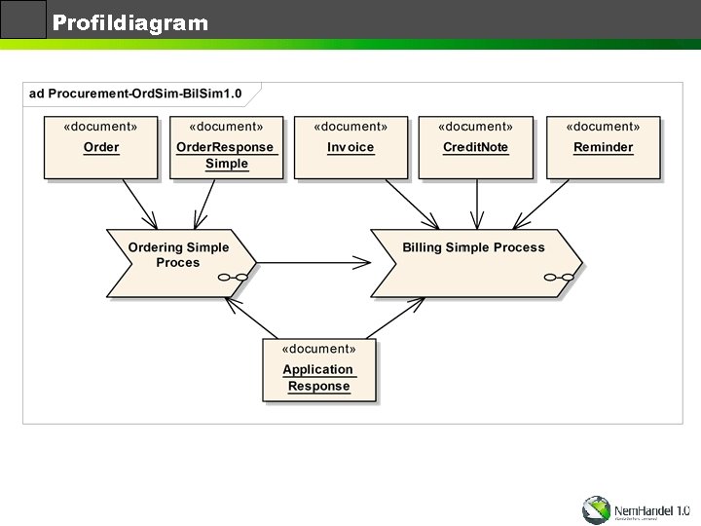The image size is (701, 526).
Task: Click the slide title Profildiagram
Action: click(130, 22)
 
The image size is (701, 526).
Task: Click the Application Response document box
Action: click(318, 369)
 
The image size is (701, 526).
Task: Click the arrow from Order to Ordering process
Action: click(138, 204)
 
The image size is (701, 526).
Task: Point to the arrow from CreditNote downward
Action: click(476, 204)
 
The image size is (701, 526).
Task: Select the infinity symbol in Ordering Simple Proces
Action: click(234, 278)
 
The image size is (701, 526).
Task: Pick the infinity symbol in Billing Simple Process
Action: click(559, 278)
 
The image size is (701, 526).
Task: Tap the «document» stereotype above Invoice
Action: click(350, 127)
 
